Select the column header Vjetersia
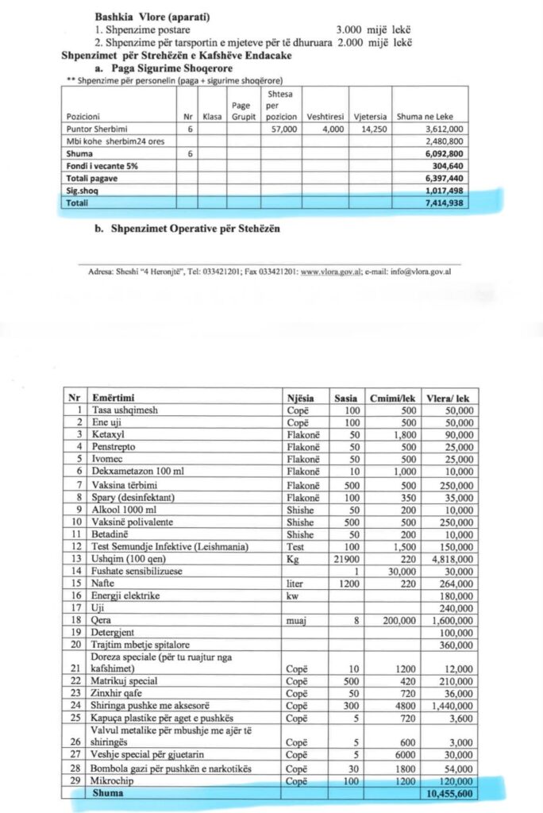tap(368, 116)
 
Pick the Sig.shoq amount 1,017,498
tap(446, 191)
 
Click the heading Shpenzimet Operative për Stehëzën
tap(185, 230)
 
